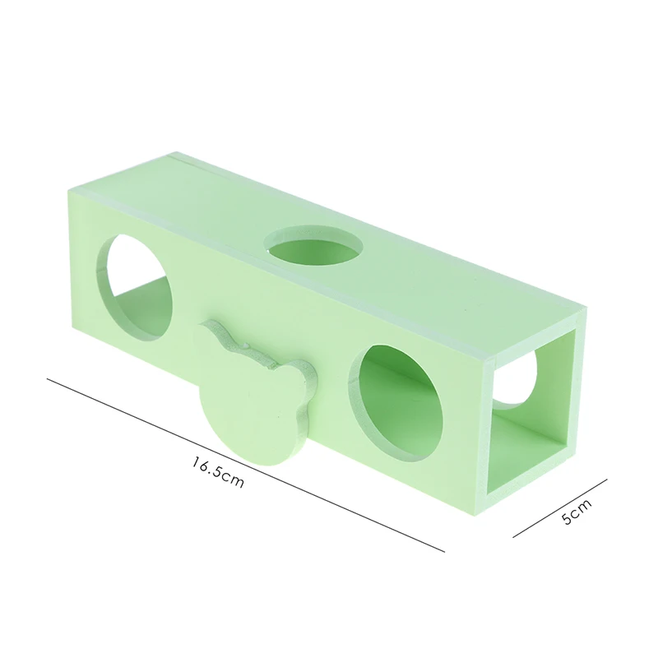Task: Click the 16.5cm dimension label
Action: (218, 472)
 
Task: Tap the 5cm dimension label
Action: (577, 512)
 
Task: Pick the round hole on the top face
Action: (314, 251)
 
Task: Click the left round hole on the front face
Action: (134, 289)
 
